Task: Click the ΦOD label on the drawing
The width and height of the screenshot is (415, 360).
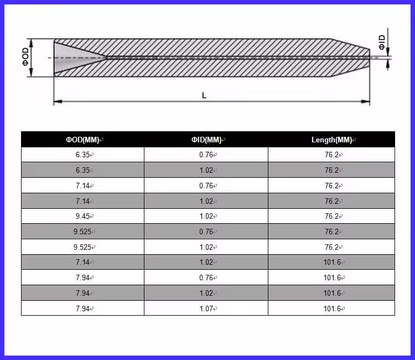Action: click(x=25, y=56)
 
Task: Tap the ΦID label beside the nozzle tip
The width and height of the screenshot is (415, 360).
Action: click(x=382, y=43)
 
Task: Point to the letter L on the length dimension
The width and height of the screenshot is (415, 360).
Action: click(x=204, y=95)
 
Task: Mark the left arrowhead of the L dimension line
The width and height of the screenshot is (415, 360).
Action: click(x=58, y=101)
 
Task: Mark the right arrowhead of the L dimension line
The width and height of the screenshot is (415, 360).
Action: click(x=366, y=101)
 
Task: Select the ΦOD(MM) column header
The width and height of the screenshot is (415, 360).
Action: click(x=82, y=140)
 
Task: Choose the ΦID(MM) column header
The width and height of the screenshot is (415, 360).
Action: click(x=206, y=140)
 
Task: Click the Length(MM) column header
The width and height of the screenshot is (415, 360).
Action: click(x=331, y=140)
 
